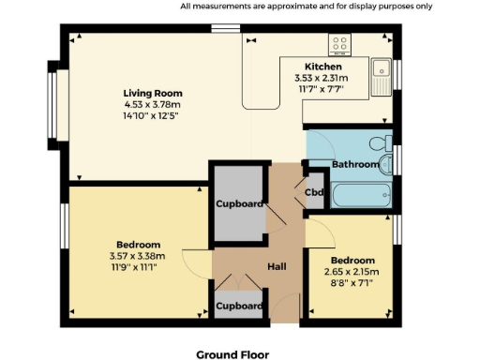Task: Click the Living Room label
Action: [153, 93]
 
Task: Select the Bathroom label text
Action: [355, 164]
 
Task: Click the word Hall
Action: [277, 267]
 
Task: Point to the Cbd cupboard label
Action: [316, 192]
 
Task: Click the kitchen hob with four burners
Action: [339, 45]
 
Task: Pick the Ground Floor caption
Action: [232, 354]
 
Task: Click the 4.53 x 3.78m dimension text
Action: [153, 105]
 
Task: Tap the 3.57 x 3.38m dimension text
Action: [137, 255]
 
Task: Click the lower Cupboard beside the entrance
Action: [239, 306]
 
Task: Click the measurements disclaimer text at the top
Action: [307, 6]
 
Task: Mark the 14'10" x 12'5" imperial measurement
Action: [153, 116]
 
